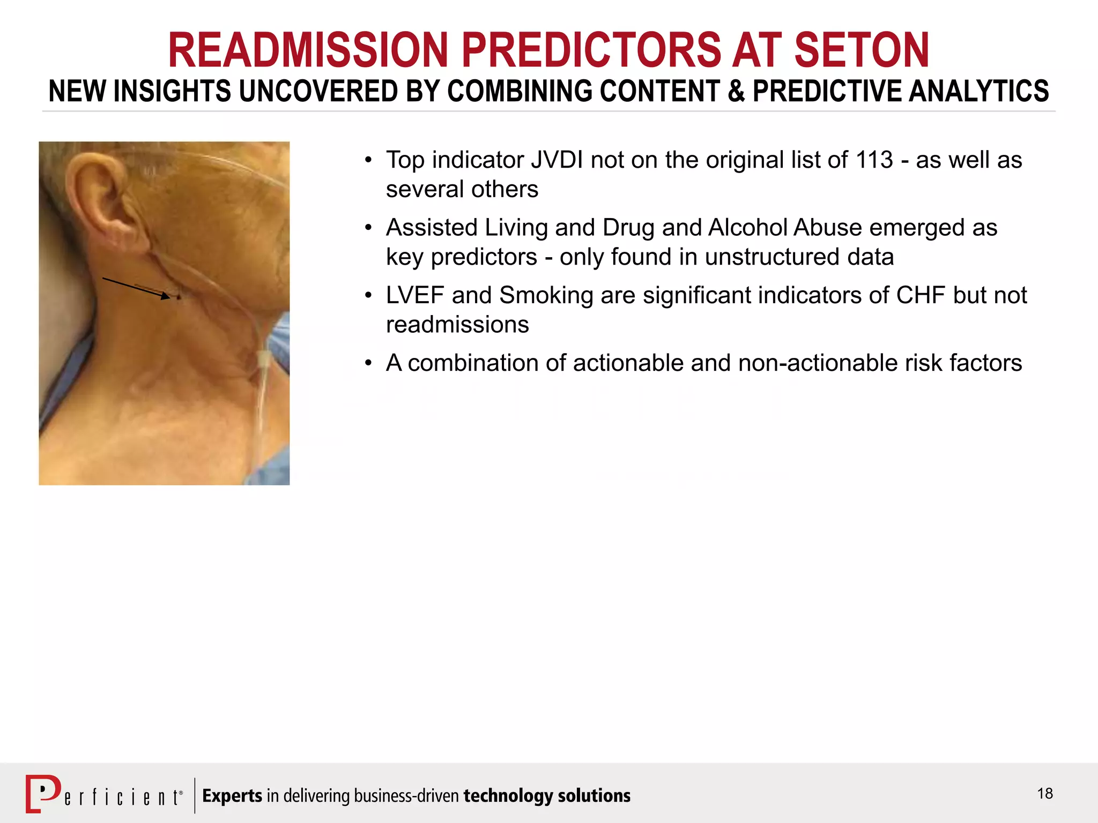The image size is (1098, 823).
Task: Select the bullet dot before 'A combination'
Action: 368,363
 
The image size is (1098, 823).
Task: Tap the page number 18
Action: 1044,794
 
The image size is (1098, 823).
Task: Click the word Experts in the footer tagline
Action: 232,796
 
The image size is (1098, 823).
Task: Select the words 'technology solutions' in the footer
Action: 547,796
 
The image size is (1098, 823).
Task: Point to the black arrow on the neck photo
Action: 137,287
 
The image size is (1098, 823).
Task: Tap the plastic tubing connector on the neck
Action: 263,360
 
